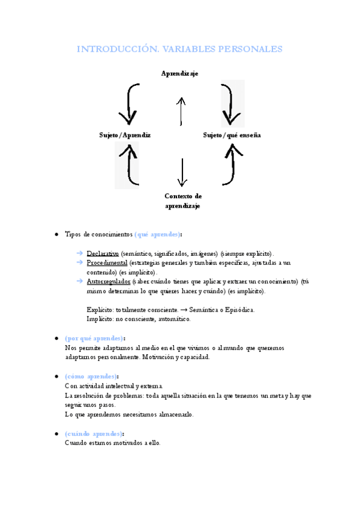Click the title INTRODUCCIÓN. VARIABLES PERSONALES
click(x=179, y=49)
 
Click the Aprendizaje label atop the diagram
click(x=179, y=73)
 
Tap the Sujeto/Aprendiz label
click(x=125, y=135)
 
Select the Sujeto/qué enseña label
click(x=232, y=135)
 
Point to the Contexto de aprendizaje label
click(x=182, y=201)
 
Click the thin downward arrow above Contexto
click(x=180, y=173)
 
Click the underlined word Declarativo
click(x=103, y=253)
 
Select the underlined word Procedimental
click(x=107, y=263)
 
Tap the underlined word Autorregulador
click(x=109, y=281)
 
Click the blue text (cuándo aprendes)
click(x=94, y=433)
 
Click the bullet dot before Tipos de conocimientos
click(x=56, y=234)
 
